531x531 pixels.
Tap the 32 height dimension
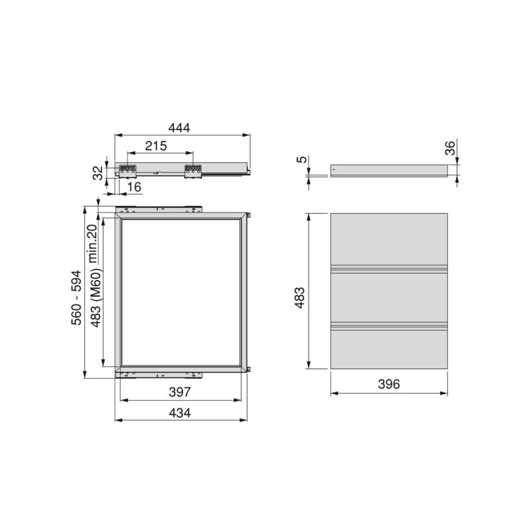click(x=97, y=173)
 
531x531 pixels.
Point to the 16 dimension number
click(x=134, y=189)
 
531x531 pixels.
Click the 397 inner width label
click(x=179, y=393)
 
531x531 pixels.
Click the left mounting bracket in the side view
click(x=127, y=171)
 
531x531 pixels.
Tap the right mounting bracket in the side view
click(x=192, y=171)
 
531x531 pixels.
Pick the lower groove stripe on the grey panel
click(x=388, y=326)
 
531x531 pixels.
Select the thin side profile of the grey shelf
click(x=388, y=171)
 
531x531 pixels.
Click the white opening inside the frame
click(x=180, y=292)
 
